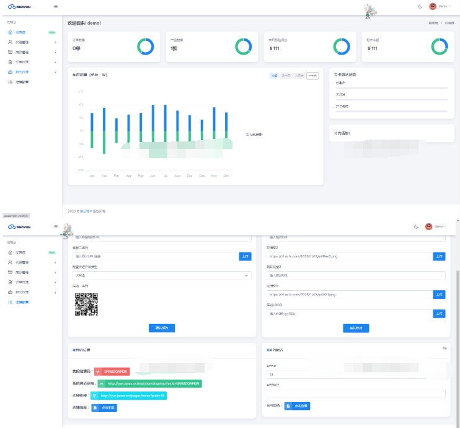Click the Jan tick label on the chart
[92, 176]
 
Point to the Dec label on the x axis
[226, 176]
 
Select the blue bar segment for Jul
[165, 118]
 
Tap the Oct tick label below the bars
[201, 176]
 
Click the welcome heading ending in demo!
[84, 23]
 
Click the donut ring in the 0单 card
[145, 46]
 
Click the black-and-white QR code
[87, 304]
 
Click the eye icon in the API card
[445, 349]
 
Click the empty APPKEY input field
[356, 393]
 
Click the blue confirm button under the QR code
[161, 328]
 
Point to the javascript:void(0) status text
[16, 215]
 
